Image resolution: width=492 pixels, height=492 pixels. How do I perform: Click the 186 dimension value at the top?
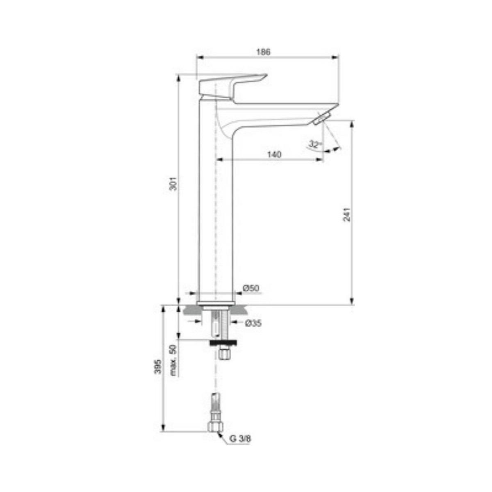click(263, 52)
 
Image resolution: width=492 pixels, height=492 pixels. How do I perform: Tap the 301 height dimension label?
click(173, 183)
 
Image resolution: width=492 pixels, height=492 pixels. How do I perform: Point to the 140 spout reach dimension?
click(274, 155)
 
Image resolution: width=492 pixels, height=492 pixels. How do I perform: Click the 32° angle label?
click(314, 145)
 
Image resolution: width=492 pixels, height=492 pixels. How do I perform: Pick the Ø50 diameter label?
click(251, 288)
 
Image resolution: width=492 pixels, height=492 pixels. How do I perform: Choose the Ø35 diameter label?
click(253, 323)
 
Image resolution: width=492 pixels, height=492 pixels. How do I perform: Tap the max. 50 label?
click(173, 360)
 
